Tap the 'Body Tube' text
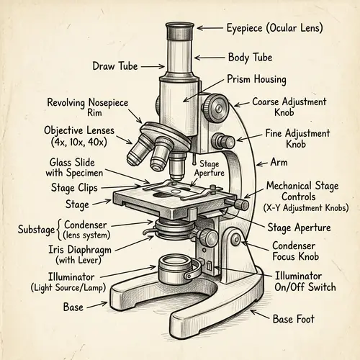250,57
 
